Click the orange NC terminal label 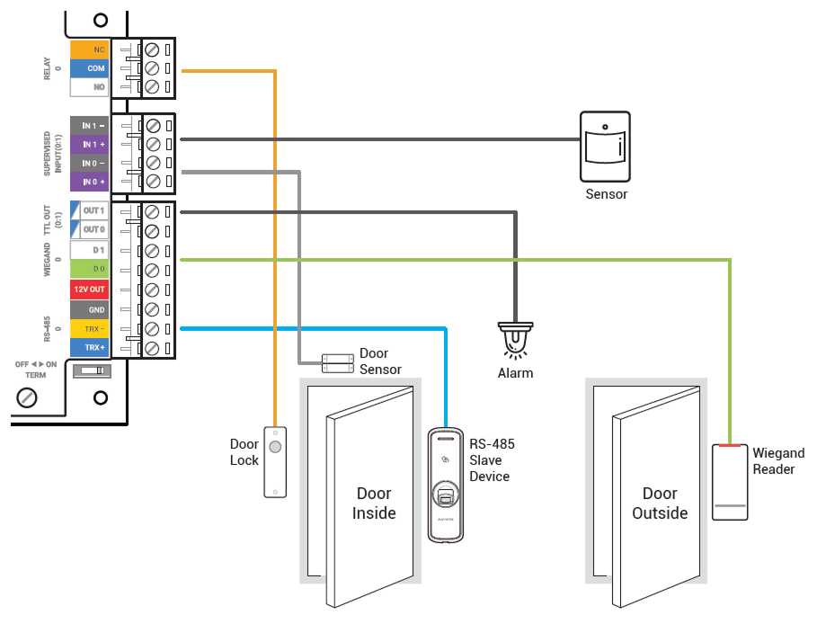[90, 49]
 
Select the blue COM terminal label [90, 68]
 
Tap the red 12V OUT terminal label [90, 290]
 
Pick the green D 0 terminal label [90, 269]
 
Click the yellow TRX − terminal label [90, 329]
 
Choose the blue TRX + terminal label [90, 347]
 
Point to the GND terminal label [90, 309]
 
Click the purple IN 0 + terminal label [90, 183]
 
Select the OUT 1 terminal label [90, 210]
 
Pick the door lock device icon [275, 461]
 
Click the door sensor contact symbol [337, 362]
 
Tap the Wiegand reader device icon [731, 481]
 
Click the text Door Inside [374, 504]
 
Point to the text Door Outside [660, 504]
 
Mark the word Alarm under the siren [515, 373]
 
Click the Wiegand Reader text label [778, 461]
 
